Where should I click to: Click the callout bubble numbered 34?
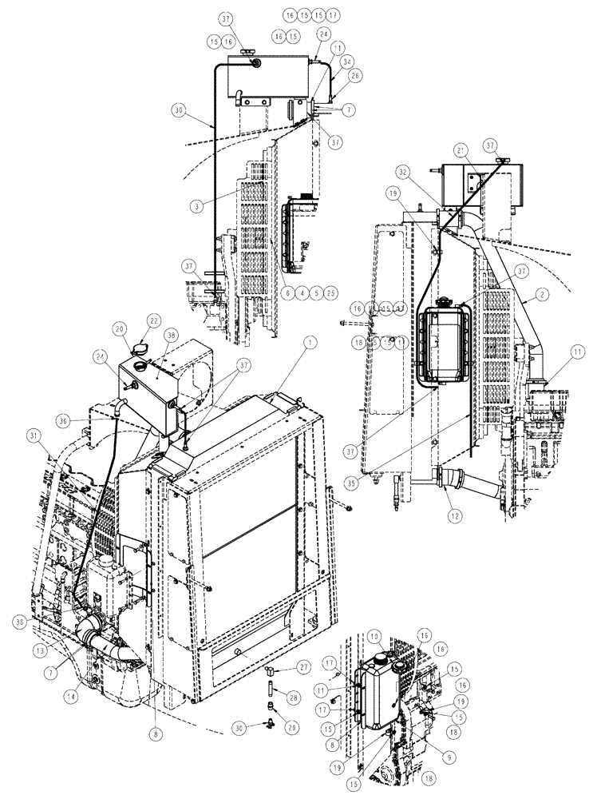[323, 62]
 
